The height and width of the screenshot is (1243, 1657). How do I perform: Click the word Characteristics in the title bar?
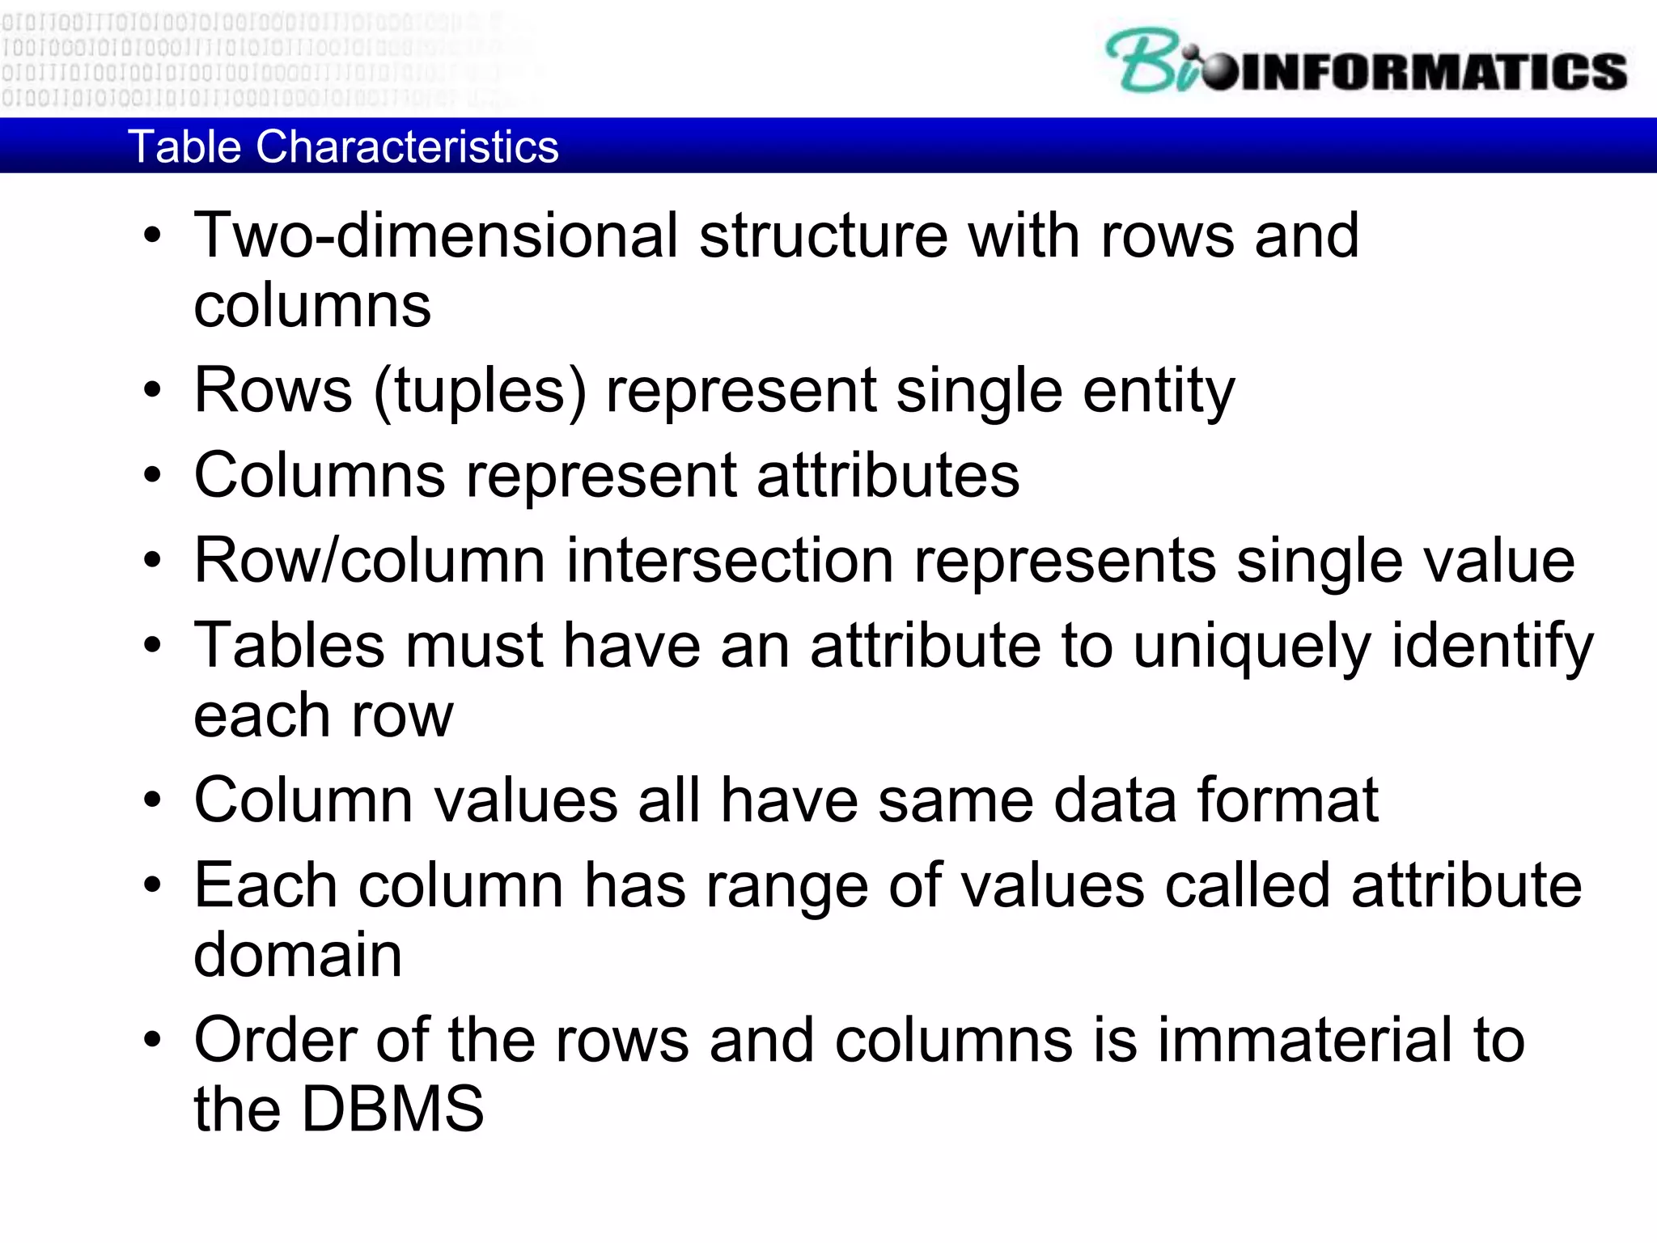click(407, 146)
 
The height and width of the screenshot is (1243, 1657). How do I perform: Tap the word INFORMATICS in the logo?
click(1432, 72)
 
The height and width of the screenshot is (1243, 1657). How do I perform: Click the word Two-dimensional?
click(436, 235)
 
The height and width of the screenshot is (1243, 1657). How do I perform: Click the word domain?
click(298, 955)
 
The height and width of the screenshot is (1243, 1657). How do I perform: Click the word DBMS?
click(392, 1109)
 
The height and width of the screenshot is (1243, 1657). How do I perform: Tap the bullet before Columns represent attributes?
click(152, 476)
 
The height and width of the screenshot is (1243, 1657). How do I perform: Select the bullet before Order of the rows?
click(152, 1041)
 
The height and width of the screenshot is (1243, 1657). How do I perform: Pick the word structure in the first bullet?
click(823, 235)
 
